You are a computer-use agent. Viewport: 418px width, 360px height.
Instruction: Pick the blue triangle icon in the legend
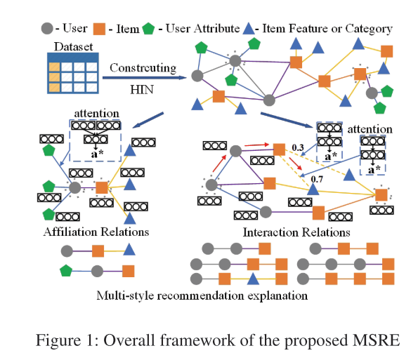point(268,29)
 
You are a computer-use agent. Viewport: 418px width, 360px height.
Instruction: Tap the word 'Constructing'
point(143,67)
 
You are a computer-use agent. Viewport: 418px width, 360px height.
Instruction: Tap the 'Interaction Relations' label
point(287,231)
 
